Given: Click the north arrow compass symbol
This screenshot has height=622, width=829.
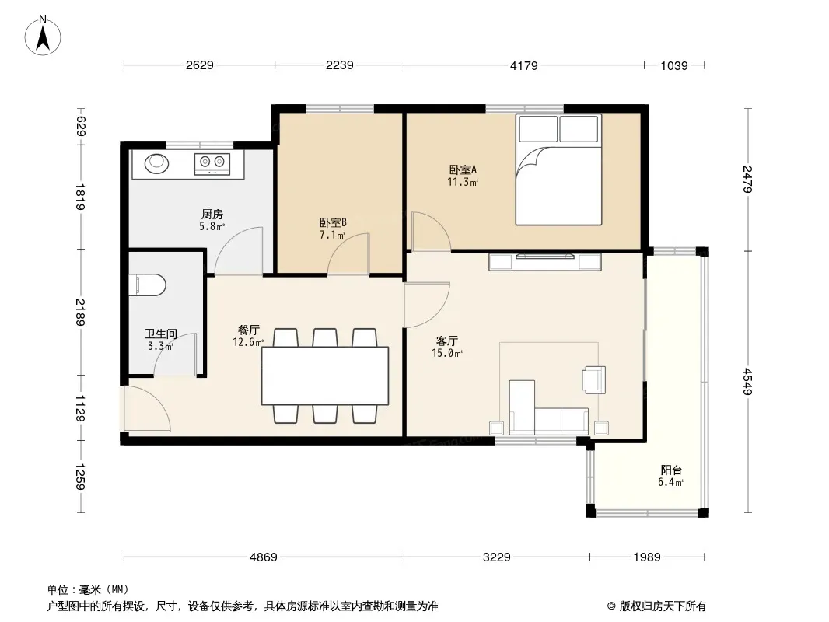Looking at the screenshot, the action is tap(43, 36).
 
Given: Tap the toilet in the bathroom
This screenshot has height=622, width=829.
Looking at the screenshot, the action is tap(148, 285).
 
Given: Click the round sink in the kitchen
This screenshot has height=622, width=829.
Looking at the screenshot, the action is tap(156, 163).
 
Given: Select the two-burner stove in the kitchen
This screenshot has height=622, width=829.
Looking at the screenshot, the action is tap(212, 163).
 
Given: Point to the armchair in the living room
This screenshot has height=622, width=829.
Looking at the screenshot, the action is tap(593, 380).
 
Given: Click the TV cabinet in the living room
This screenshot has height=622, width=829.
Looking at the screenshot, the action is tap(545, 262).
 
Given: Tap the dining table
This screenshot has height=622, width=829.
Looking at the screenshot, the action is tap(325, 376).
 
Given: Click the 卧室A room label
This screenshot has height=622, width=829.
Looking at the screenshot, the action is tap(463, 169).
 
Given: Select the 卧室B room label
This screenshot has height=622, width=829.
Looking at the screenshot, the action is tap(333, 223).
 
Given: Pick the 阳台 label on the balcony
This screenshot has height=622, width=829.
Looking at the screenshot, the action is tap(671, 470).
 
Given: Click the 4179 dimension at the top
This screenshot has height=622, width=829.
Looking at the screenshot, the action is tap(523, 65).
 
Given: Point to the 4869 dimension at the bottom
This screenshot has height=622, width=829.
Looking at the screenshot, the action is tap(264, 557).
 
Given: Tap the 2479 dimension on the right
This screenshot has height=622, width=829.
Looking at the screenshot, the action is tap(747, 179).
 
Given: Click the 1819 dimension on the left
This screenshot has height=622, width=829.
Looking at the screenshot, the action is tap(80, 197).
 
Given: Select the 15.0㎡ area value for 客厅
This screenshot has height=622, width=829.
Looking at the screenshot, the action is tap(447, 353).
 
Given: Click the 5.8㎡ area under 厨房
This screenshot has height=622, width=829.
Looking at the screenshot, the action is tap(212, 226).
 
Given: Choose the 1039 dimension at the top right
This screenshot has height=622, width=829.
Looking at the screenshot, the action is tap(674, 65).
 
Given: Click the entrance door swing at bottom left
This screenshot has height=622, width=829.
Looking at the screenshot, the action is tap(146, 409).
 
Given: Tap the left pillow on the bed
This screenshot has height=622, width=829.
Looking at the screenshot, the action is tap(538, 129).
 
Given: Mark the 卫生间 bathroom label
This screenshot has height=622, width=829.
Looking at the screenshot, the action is tap(161, 334).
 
